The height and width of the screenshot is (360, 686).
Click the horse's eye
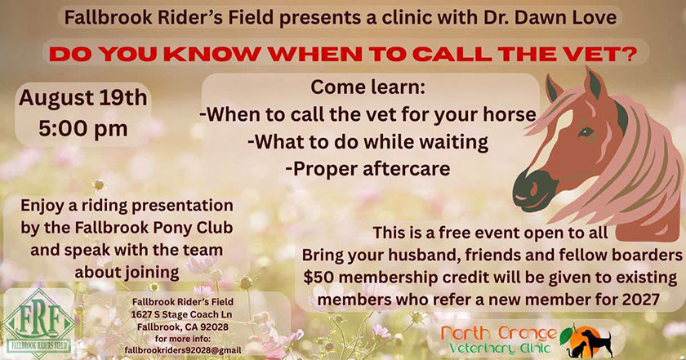[586, 131]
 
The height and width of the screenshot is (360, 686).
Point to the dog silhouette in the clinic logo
[595, 343]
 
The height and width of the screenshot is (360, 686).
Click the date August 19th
[83, 97]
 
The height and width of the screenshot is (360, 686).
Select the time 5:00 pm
[83, 129]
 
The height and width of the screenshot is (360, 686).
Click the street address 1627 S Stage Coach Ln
[181, 314]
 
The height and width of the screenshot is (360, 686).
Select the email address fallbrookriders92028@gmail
[183, 350]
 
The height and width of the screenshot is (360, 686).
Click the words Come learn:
[368, 87]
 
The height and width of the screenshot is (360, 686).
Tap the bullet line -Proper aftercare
[367, 169]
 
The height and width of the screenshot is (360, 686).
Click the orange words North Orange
[499, 334]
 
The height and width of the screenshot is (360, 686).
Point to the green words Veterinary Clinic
[500, 349]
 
